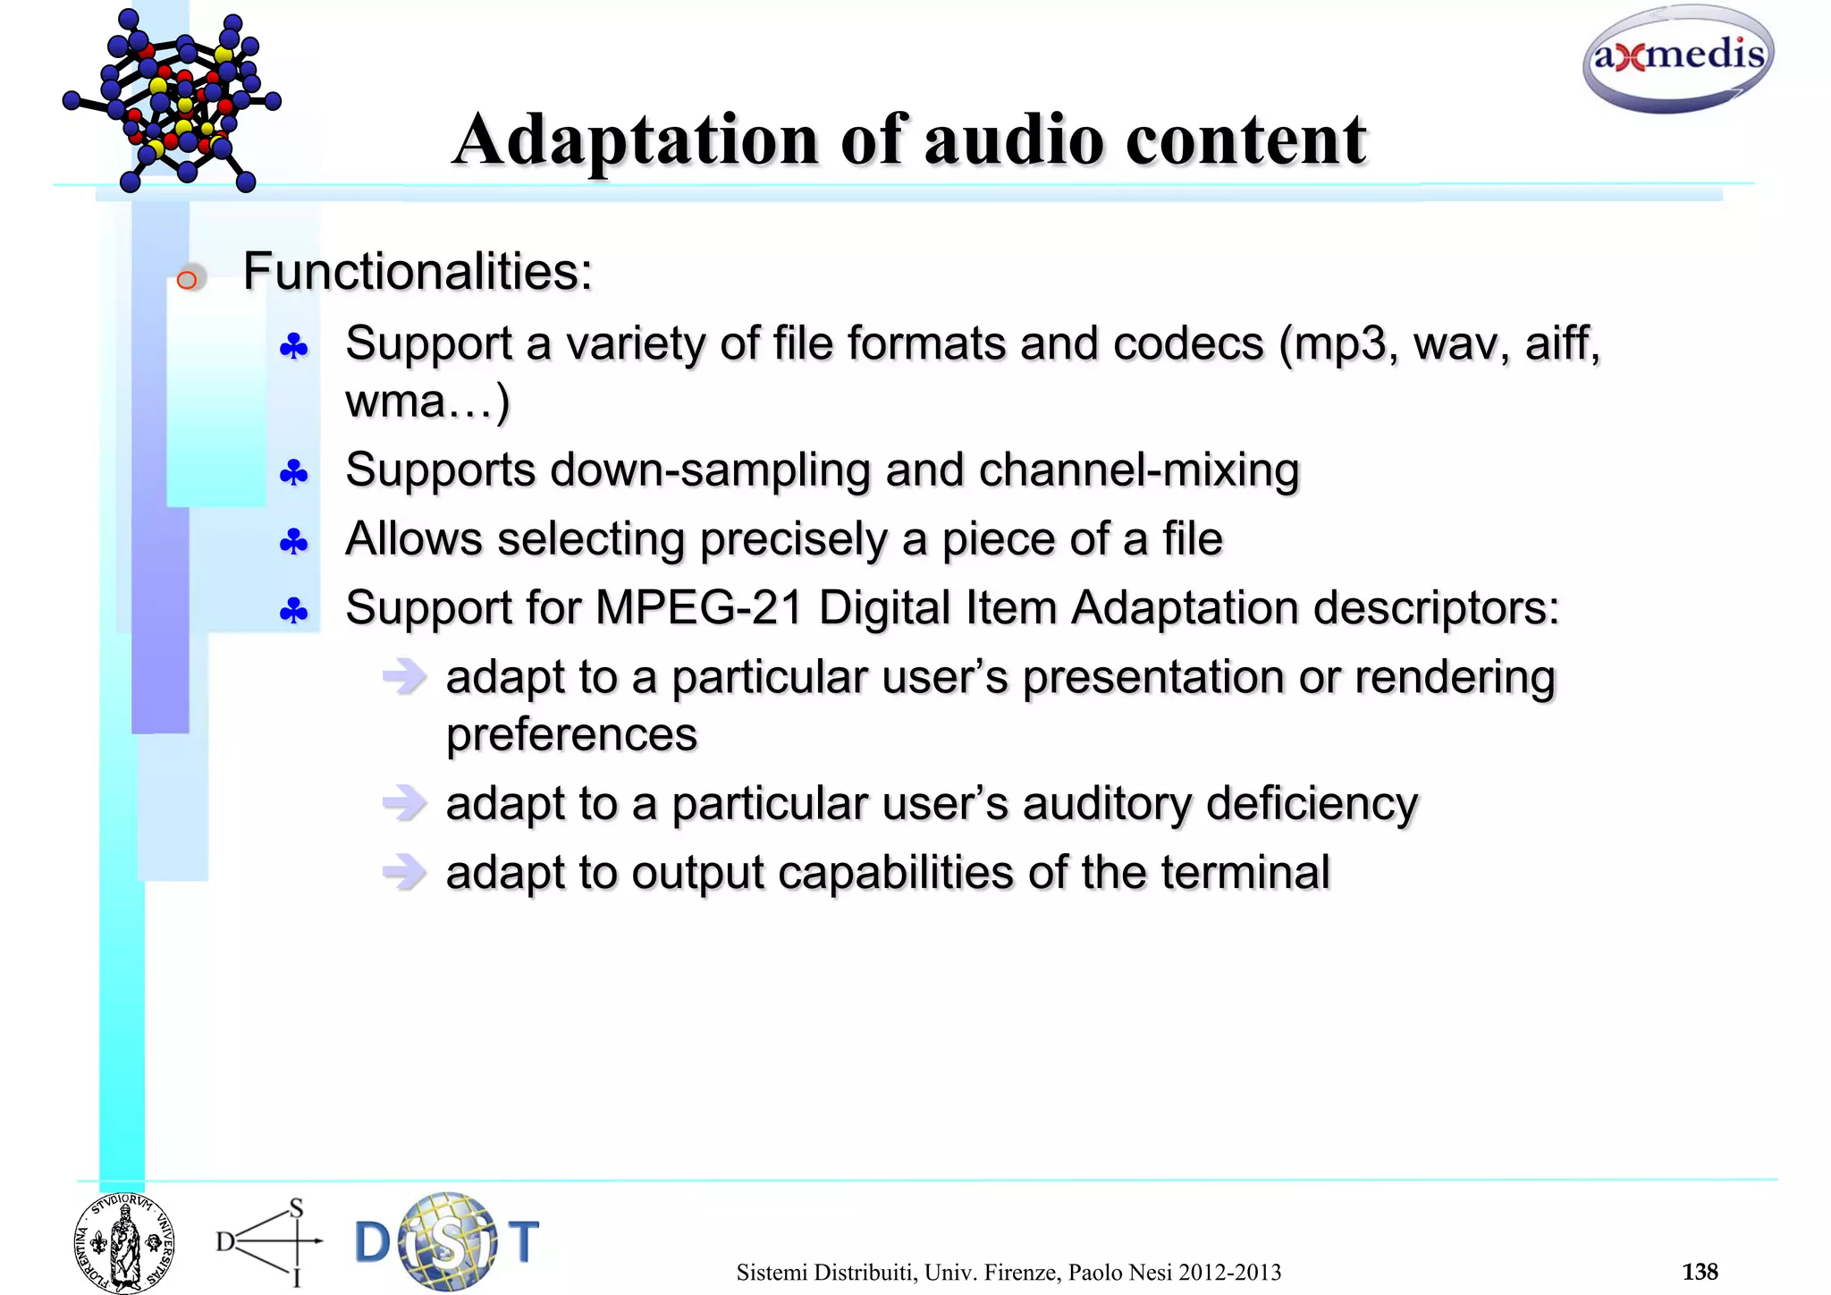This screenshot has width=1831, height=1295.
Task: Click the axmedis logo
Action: [1678, 59]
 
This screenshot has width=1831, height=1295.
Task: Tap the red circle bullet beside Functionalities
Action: [187, 280]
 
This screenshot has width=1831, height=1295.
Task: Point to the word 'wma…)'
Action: [427, 401]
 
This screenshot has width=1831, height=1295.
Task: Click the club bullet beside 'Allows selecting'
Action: [294, 542]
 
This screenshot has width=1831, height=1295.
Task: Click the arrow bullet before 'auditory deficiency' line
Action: [404, 802]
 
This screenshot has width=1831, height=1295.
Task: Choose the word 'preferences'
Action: [571, 735]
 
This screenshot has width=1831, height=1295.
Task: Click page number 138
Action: [1700, 1272]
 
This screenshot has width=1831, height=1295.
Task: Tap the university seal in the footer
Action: [123, 1243]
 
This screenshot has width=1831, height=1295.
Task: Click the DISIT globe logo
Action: [447, 1241]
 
